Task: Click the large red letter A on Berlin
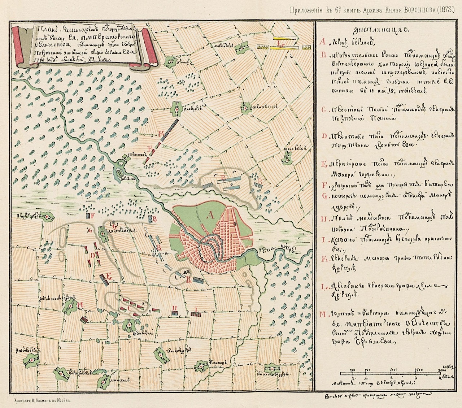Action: [x=210, y=216]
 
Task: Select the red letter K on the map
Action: [x=161, y=134]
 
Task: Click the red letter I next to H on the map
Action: [x=195, y=309]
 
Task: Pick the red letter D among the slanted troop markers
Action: [x=92, y=255]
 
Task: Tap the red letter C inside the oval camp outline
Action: [x=129, y=308]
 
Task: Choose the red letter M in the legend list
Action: [x=323, y=314]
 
